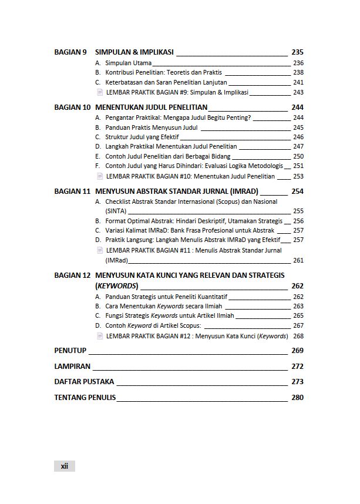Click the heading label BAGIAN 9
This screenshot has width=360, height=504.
pos(70,52)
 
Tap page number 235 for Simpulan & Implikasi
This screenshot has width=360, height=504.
pos(297,52)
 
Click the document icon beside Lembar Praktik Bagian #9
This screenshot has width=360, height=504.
pos(100,92)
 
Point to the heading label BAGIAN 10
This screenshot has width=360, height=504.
pos(72,107)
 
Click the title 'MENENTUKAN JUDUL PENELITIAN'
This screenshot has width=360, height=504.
pos(151,107)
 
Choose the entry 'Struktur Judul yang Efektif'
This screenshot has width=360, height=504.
pos(142,137)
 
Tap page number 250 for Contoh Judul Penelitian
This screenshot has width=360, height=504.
pos(298,156)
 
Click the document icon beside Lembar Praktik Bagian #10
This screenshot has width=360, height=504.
pos(100,176)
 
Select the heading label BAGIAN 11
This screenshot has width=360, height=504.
pos(72,191)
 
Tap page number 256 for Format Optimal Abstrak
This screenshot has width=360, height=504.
pos(298,221)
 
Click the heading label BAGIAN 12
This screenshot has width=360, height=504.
pos(72,275)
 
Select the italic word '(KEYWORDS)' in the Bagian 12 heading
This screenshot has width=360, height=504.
pos(117,286)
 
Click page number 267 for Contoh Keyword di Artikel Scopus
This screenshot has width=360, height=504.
pos(298,325)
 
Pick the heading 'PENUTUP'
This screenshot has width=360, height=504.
pos(70,351)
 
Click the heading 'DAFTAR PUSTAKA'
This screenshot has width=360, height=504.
pos(84,382)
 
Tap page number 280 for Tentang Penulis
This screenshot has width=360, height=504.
pos(297,398)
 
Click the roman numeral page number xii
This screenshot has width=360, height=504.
pos(65,466)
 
